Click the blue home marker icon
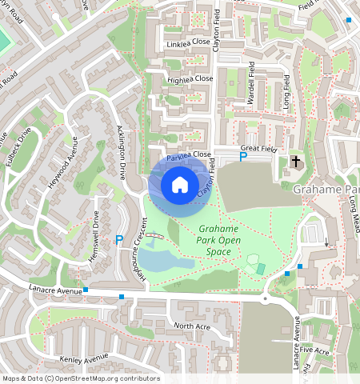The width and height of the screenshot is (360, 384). pos(180,185)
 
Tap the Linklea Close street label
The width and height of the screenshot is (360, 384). pos(188,42)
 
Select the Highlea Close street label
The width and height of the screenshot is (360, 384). pos(190,79)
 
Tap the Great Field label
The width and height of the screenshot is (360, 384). pos(258,148)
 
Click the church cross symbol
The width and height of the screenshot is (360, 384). pos(296,162)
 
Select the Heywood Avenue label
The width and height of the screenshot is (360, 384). pos(62,162)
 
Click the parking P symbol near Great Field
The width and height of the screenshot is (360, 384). pos(243,158)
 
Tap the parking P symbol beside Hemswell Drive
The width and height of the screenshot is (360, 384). pos(119,239)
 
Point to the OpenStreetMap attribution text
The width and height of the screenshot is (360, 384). pos(81,378)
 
